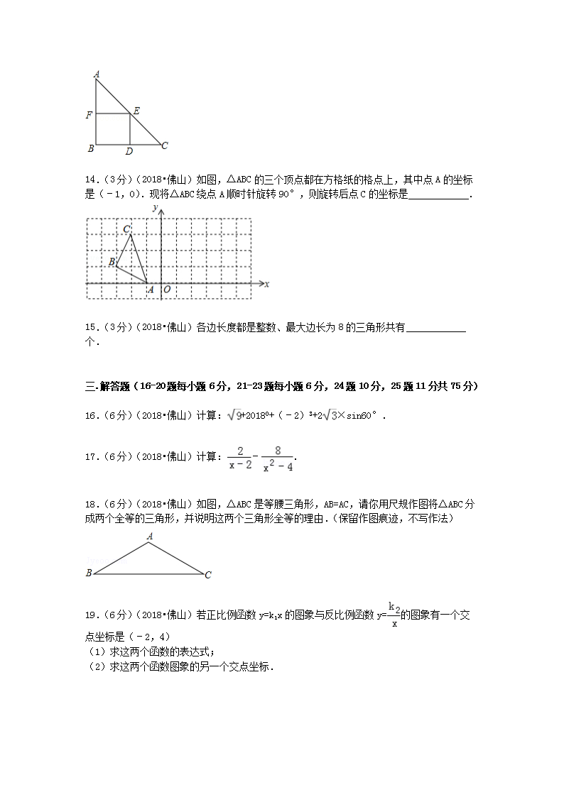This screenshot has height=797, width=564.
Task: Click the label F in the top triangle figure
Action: tap(89, 114)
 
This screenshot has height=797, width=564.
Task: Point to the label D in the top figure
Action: tap(129, 151)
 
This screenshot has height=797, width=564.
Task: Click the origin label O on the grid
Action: tap(166, 290)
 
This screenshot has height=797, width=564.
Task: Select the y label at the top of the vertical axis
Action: tap(154, 207)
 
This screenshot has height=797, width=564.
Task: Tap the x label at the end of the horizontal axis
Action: tap(266, 284)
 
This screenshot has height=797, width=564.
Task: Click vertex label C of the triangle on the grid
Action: tap(126, 229)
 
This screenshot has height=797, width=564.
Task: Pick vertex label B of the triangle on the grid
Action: tap(112, 262)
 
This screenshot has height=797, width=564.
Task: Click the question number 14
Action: tap(91, 180)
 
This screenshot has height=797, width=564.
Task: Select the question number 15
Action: tap(91, 327)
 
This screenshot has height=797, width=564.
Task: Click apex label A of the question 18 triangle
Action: tap(150, 537)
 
